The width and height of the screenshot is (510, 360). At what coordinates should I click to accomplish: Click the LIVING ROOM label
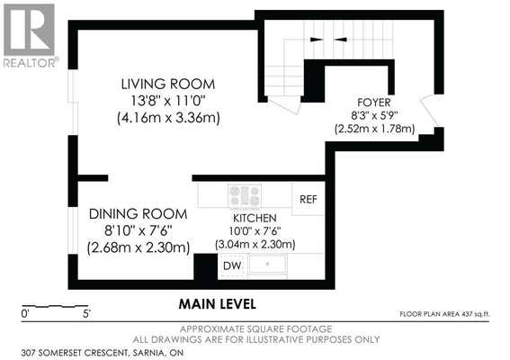click(x=168, y=84)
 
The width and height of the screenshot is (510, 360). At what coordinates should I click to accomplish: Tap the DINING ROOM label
click(x=139, y=214)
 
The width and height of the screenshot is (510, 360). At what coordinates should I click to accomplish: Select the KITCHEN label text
click(x=255, y=218)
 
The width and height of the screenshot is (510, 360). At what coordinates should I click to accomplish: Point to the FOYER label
click(x=374, y=103)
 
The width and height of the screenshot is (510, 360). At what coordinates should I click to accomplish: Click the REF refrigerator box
click(x=308, y=199)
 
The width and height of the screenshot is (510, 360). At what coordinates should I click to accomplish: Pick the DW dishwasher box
click(x=232, y=265)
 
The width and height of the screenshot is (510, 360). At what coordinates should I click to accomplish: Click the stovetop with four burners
click(x=245, y=195)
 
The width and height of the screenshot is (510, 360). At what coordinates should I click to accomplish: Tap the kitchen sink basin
click(x=268, y=265)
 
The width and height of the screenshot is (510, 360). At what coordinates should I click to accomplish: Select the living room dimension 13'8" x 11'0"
click(x=168, y=101)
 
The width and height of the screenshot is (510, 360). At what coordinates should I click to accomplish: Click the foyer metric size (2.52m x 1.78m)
click(x=375, y=129)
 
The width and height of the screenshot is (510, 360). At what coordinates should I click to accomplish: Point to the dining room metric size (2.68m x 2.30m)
click(x=139, y=247)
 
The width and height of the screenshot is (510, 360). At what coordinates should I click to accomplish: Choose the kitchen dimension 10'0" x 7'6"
click(x=255, y=231)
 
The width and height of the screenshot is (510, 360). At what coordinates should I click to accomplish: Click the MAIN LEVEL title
click(x=218, y=304)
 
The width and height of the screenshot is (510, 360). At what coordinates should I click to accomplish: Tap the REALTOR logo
click(x=30, y=35)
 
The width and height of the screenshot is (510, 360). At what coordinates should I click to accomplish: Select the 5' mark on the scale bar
click(x=87, y=314)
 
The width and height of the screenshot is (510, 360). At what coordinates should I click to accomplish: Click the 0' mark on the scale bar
click(x=25, y=314)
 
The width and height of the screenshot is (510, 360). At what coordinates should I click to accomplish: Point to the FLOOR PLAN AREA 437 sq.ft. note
click(x=444, y=314)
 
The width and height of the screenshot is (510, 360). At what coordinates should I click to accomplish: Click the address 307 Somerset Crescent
click(x=74, y=353)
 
